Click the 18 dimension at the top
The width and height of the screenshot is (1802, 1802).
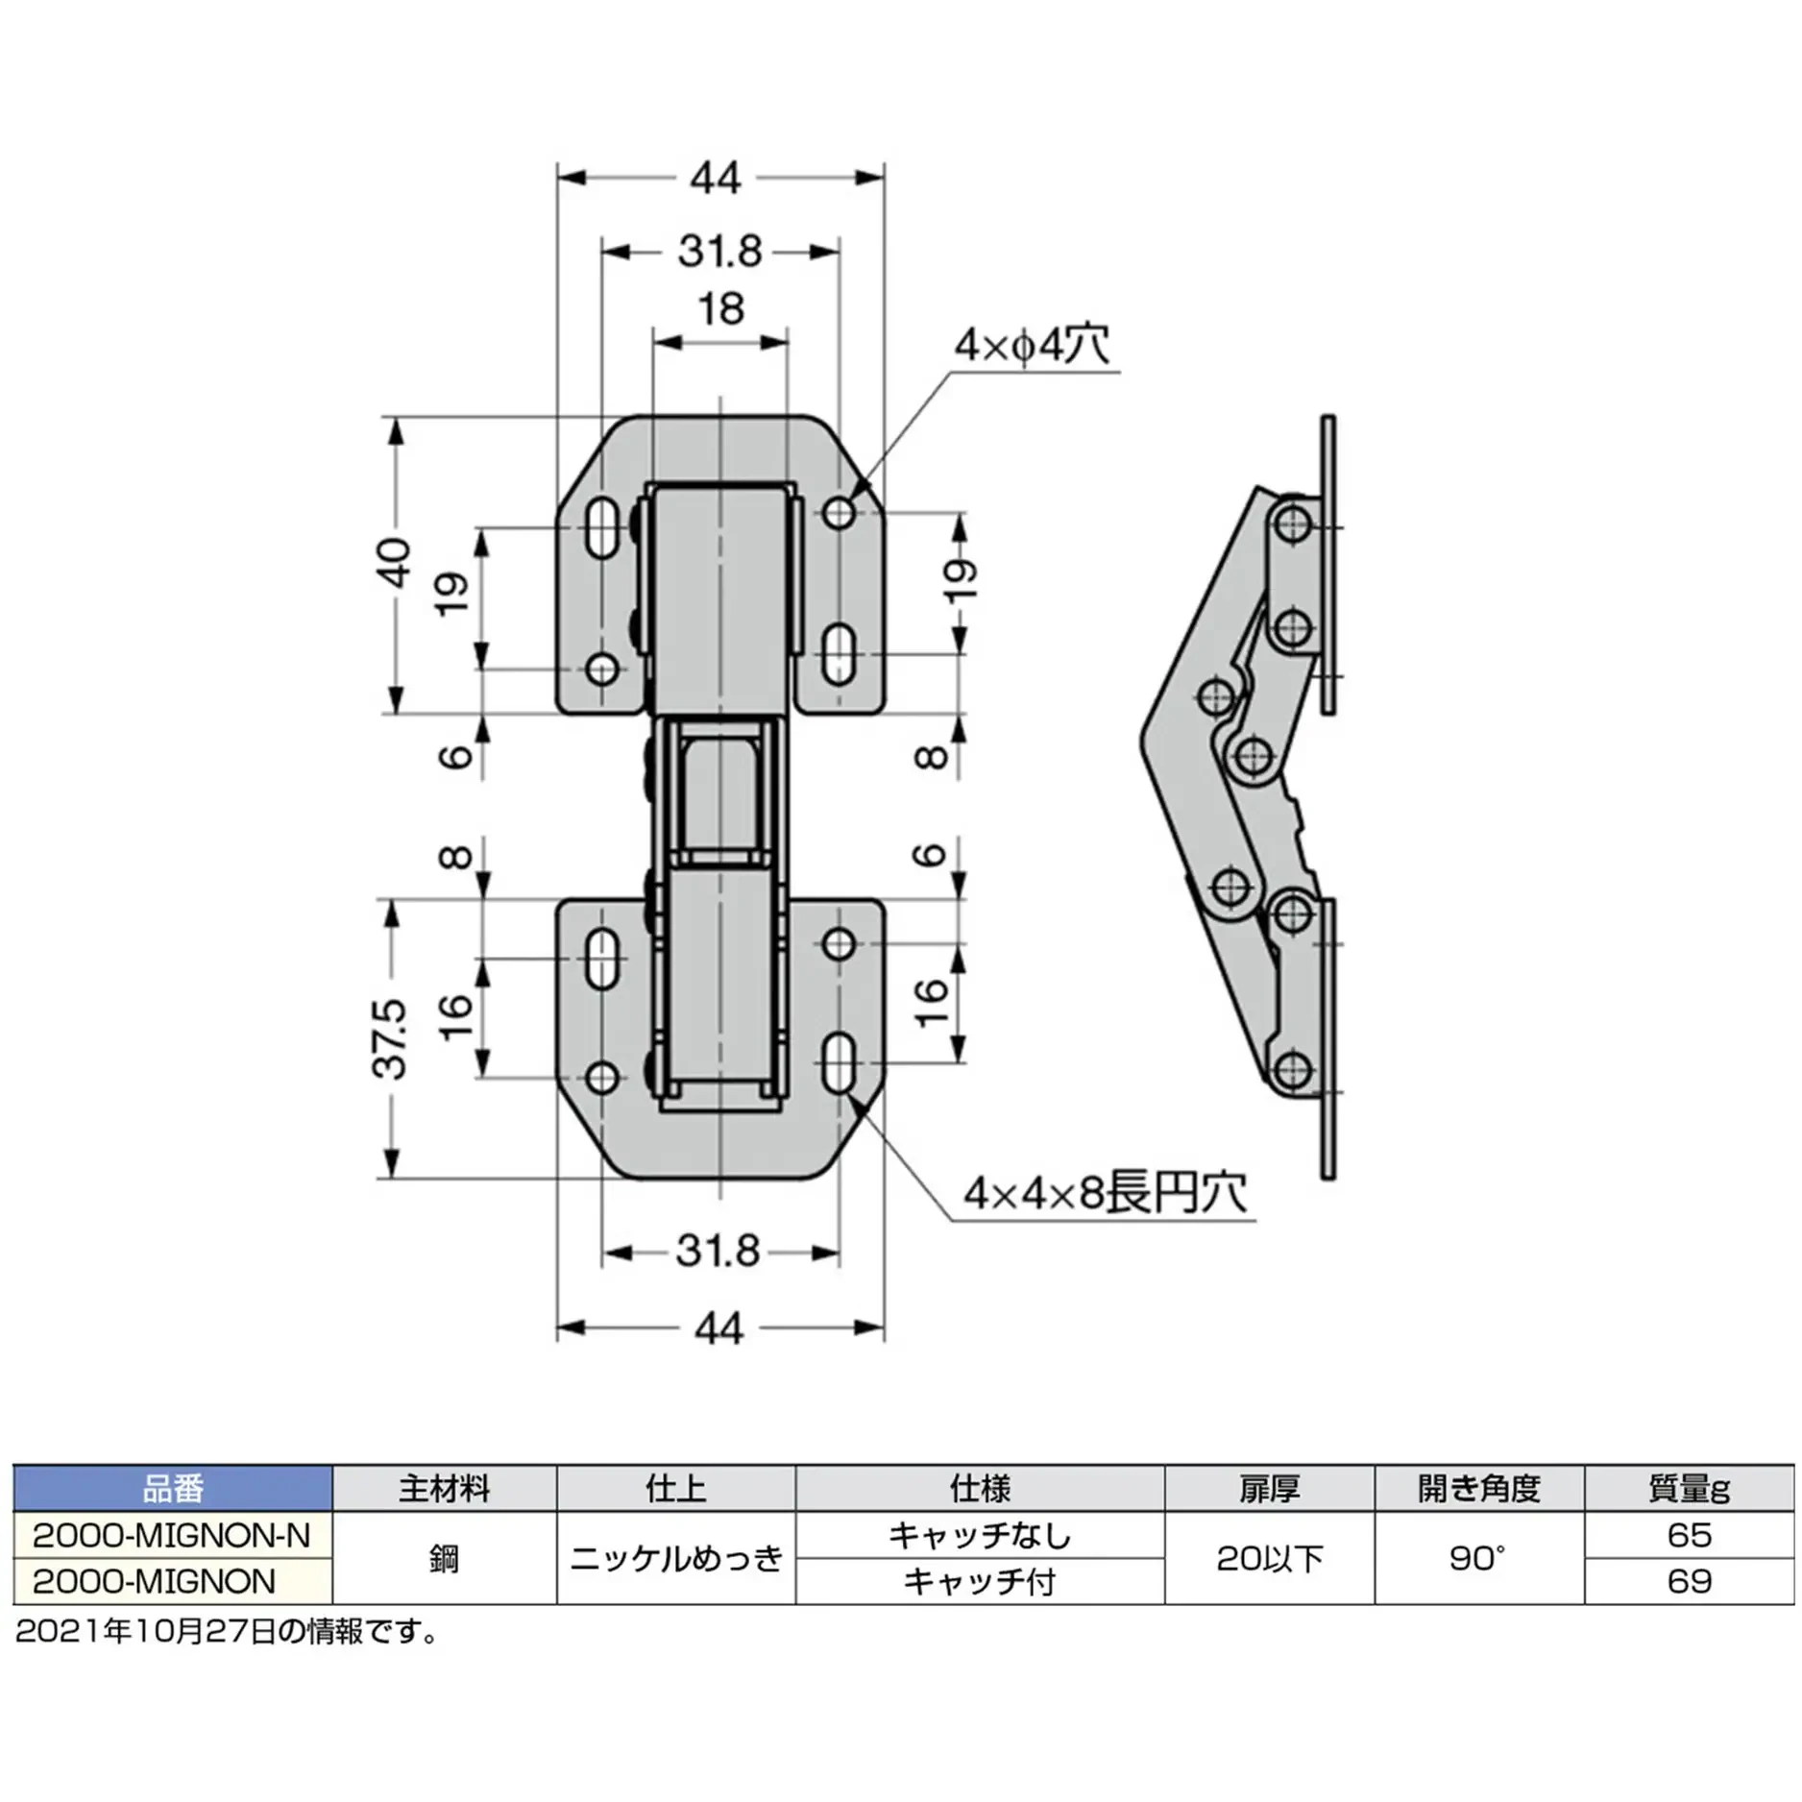(x=720, y=309)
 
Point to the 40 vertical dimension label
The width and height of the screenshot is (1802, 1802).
(x=394, y=563)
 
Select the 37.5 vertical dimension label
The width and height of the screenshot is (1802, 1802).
(x=392, y=1038)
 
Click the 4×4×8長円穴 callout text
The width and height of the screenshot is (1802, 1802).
(x=1106, y=1193)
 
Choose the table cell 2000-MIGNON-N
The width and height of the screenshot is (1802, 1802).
(x=172, y=1536)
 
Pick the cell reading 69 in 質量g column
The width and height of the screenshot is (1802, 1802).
(x=1689, y=1581)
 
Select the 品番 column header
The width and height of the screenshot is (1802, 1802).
(x=173, y=1489)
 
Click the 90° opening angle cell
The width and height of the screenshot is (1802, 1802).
(x=1479, y=1558)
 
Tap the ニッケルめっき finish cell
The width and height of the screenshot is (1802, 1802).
(x=676, y=1558)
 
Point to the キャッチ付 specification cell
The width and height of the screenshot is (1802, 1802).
(x=980, y=1581)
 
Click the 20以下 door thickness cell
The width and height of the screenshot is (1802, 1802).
(x=1270, y=1558)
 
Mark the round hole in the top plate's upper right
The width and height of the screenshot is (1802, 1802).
(x=840, y=513)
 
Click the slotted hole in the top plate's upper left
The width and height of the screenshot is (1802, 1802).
(x=602, y=527)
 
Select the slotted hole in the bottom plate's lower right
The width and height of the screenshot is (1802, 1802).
(x=840, y=1062)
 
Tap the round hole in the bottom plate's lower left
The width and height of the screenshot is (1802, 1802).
(x=602, y=1078)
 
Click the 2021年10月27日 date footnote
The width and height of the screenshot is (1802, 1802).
(x=227, y=1631)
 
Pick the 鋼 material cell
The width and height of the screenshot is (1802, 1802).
(x=445, y=1558)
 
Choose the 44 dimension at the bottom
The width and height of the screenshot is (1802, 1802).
(x=718, y=1328)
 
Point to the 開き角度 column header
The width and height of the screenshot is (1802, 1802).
(x=1479, y=1489)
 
